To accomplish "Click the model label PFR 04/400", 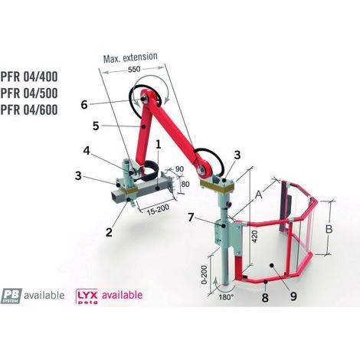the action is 29,77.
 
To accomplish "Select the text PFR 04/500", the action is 29,93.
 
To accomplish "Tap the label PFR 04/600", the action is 29,110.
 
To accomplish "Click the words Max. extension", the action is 130,57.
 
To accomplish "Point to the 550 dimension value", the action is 134,69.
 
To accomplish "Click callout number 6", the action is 84,105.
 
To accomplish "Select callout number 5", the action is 96,126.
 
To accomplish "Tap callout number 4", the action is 87,151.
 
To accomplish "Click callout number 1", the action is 159,145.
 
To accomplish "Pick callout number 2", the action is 109,232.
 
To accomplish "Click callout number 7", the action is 191,218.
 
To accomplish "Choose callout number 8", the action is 265,298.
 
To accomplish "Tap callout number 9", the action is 293,296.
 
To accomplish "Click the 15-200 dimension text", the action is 158,210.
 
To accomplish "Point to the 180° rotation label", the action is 226,297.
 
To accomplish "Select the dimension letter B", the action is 329,229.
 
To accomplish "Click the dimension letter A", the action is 259,195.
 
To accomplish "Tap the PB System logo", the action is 11,296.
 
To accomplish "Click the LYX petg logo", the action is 87,296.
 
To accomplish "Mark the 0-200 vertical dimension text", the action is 205,275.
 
